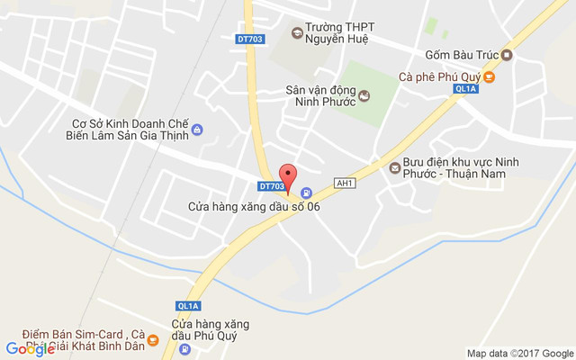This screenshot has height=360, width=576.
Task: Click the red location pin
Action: click(288, 177)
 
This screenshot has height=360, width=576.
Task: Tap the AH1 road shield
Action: click(343, 183)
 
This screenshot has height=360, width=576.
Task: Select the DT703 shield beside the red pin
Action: click(271, 186)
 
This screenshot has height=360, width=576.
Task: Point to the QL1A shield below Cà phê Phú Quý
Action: click(465, 88)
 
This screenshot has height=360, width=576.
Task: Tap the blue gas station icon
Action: click(307, 192)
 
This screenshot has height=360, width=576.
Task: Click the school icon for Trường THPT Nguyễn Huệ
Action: click(297, 34)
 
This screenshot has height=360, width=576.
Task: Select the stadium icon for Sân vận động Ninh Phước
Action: click(364, 96)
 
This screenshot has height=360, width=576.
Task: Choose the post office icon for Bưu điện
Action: click(394, 167)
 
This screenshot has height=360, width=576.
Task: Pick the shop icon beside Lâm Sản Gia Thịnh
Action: click(197, 130)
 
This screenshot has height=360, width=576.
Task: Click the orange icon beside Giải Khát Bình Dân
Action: click(153, 340)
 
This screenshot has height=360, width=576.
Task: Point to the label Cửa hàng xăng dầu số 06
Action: click(253, 207)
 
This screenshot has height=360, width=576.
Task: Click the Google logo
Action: click(30, 349)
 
